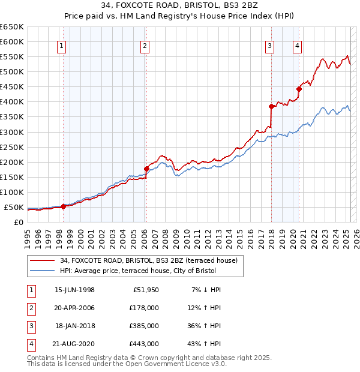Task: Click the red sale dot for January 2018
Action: point(271,106)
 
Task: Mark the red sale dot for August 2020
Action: point(299,89)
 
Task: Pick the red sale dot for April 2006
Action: point(146,169)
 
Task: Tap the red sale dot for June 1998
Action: point(63,206)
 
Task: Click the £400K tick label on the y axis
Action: point(12,101)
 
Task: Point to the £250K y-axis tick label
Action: point(12,147)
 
